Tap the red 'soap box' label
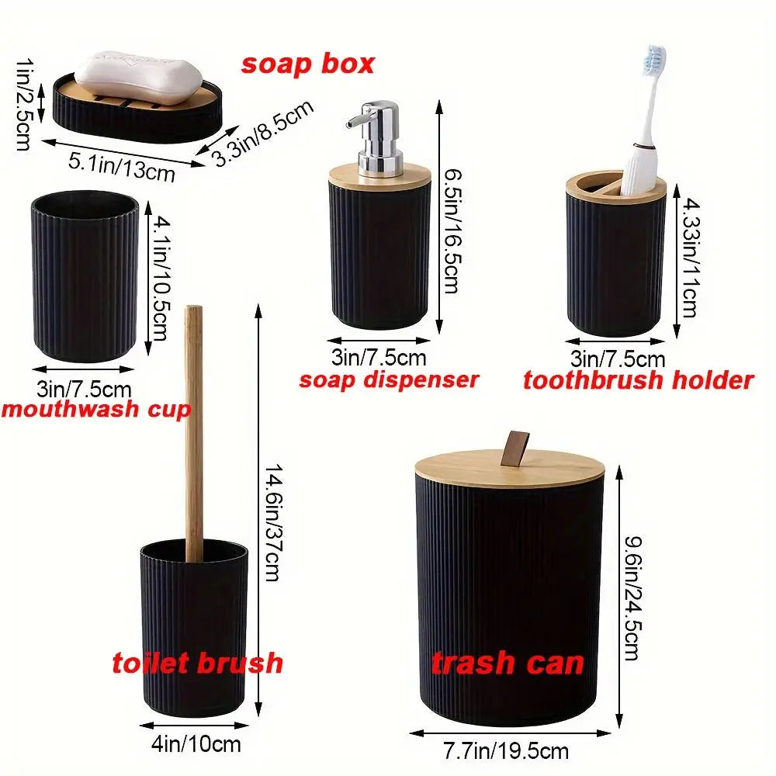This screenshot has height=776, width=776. tap(307, 64)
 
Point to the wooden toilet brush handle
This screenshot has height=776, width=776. tap(194, 427)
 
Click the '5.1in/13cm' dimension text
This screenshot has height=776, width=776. tap(123, 166)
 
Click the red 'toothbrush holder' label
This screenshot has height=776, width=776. tap(638, 380)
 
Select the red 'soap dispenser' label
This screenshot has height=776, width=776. tap(389, 379)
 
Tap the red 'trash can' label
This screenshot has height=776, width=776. tap(508, 663)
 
